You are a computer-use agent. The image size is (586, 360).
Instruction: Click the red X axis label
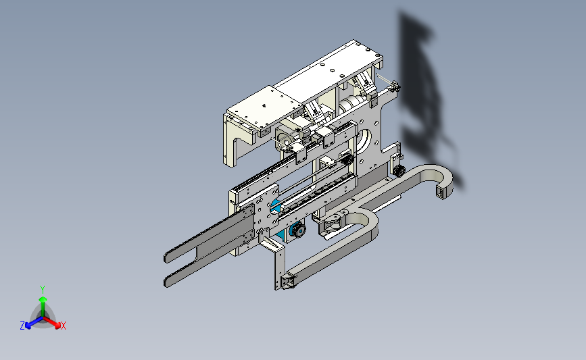(x=63, y=326)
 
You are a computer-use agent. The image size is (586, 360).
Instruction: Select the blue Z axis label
(x=22, y=326)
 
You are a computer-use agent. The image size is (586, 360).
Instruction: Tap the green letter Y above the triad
(x=42, y=290)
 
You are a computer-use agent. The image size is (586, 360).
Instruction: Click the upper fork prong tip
(x=166, y=258)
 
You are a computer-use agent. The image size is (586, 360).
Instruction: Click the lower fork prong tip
(x=167, y=282)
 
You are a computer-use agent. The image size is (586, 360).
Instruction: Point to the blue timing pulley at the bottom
(x=298, y=229)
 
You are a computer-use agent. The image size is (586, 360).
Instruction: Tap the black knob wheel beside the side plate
(x=399, y=171)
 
